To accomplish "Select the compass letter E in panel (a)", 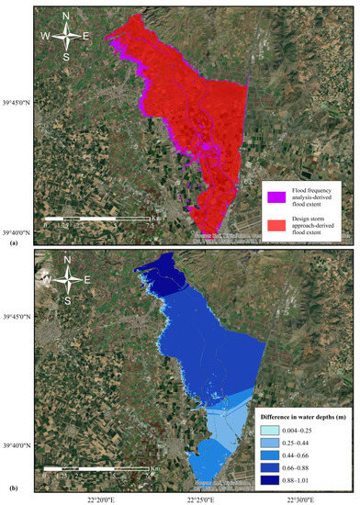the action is (86, 37).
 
